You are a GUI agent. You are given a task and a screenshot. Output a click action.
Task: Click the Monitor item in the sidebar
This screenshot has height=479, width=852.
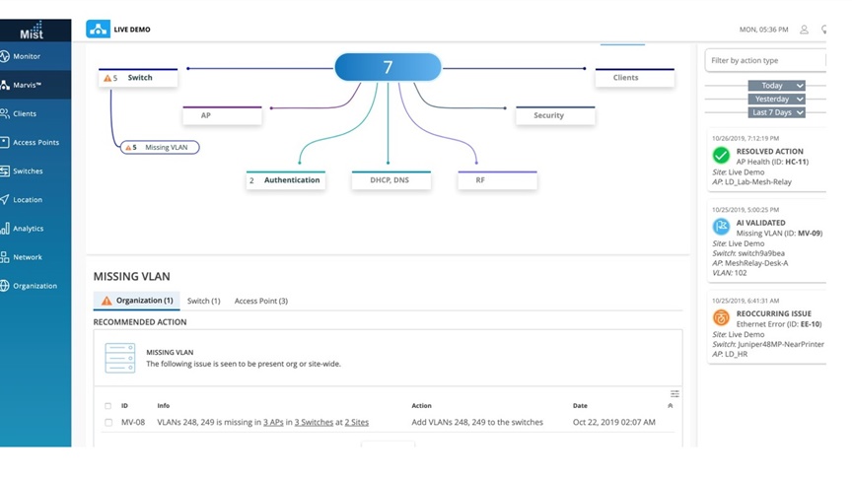(x=22, y=56)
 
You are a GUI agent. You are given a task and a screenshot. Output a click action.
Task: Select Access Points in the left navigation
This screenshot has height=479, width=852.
(x=30, y=142)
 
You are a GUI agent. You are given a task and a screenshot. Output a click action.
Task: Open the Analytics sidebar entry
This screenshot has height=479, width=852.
(x=23, y=228)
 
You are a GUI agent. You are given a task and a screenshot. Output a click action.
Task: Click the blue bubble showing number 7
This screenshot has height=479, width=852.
(x=388, y=67)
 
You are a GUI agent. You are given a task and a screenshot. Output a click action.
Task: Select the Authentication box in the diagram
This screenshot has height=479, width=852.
(x=286, y=179)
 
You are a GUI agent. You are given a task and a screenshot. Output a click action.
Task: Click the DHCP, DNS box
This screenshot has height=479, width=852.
(x=391, y=179)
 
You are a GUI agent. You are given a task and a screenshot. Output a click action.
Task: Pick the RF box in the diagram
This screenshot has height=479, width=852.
(x=497, y=179)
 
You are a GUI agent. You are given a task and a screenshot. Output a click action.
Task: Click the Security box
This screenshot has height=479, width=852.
(x=555, y=115)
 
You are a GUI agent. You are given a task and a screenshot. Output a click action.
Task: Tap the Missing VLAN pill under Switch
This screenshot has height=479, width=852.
(x=160, y=147)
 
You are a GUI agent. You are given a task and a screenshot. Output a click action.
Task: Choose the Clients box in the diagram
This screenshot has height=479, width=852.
(x=635, y=77)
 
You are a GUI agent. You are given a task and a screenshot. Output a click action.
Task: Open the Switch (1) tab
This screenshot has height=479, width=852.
(x=204, y=301)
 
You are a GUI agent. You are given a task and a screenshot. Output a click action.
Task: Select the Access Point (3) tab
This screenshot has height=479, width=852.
(x=260, y=301)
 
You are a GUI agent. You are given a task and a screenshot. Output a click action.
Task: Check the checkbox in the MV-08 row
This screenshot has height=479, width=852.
(x=108, y=422)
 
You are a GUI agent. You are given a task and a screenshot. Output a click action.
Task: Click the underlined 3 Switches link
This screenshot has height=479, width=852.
(x=314, y=422)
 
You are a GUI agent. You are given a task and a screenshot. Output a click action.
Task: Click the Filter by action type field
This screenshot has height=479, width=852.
(x=765, y=60)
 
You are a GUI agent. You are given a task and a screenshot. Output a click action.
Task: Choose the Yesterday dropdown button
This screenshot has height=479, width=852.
(x=776, y=99)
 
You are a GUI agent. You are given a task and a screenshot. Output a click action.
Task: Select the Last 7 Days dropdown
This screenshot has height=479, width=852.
(x=776, y=112)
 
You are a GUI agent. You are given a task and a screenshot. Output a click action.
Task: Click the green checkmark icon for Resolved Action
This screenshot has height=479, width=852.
(x=721, y=156)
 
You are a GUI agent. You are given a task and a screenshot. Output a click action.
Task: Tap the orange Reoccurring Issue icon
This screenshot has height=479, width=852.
(x=721, y=317)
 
